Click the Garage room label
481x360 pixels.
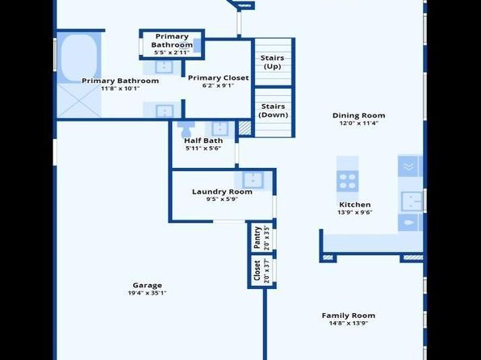pos(147,286)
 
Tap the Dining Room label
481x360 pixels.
pos(358,115)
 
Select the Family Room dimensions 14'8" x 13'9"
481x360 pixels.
pos(348,323)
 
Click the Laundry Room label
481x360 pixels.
pos(222,192)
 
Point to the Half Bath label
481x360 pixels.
pos(203,140)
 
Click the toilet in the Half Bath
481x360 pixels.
pos(186,129)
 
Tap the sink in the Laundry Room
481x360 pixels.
pos(253,180)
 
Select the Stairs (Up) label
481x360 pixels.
pos(273,62)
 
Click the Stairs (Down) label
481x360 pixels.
pos(273,111)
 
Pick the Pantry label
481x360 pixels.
pos(257,238)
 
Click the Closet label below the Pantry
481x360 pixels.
pos(257,270)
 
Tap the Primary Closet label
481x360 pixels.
pos(218,78)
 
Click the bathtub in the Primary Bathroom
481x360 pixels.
pos(78,58)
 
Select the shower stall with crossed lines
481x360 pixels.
pos(79,101)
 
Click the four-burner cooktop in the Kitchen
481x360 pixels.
pos(347,182)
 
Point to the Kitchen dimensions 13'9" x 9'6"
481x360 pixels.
pos(355,212)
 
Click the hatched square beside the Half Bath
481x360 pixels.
pos(245,128)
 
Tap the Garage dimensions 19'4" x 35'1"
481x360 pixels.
pos(147,293)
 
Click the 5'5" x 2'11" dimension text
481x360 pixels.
pos(172,52)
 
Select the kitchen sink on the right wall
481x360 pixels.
pos(412,201)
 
